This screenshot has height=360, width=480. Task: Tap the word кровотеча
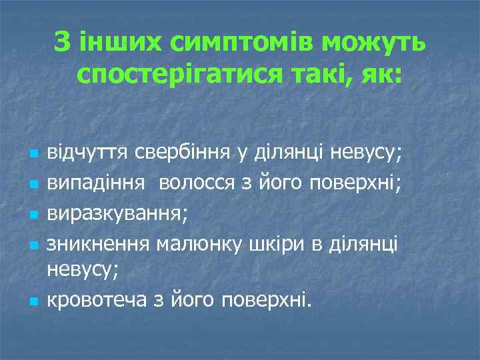(97, 301)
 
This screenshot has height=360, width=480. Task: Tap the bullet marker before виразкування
(33, 213)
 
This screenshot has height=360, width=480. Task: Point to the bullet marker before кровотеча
(33, 301)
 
